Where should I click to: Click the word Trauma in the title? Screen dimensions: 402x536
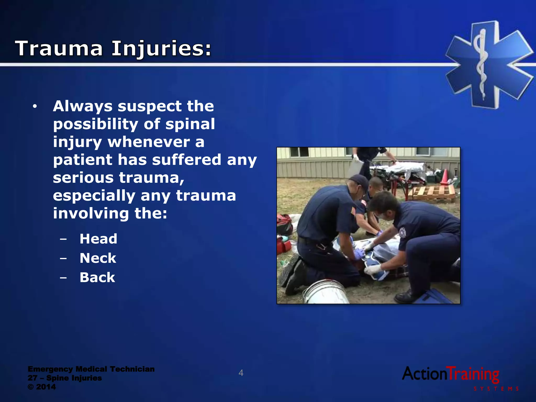pyautogui.click(x=59, y=48)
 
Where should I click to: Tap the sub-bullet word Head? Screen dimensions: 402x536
pyautogui.click(x=98, y=239)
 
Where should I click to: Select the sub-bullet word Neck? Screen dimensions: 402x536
pyautogui.click(x=98, y=258)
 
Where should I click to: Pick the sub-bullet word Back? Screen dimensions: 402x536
pyautogui.click(x=97, y=277)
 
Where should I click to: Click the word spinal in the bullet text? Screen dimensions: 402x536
pyautogui.click(x=190, y=124)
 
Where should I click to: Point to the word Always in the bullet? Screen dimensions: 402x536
pyautogui.click(x=82, y=106)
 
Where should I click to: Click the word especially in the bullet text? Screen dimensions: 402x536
pyautogui.click(x=94, y=196)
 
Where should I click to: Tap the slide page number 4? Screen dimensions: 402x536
pyautogui.click(x=241, y=373)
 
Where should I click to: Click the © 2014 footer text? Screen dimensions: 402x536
pyautogui.click(x=42, y=387)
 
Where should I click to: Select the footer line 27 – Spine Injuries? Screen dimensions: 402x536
pyautogui.click(x=65, y=378)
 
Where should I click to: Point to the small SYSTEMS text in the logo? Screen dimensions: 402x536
pyautogui.click(x=496, y=389)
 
